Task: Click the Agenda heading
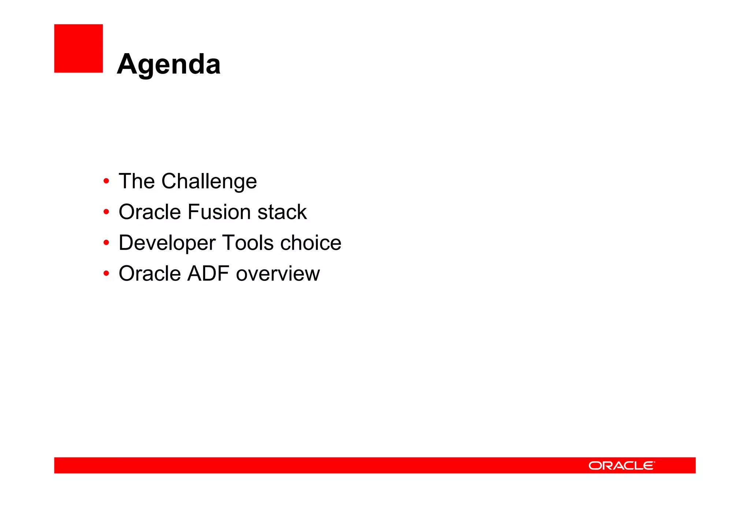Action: (168, 64)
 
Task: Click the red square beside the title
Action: (78, 48)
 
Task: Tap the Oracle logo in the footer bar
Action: (621, 466)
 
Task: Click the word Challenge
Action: (209, 181)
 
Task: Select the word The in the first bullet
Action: (137, 181)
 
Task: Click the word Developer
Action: (167, 243)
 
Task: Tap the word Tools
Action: (248, 242)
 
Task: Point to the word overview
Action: (278, 274)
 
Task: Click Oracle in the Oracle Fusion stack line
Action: (149, 212)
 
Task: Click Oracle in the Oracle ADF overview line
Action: (149, 273)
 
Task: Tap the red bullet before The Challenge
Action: (106, 181)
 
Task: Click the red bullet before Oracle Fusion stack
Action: (106, 212)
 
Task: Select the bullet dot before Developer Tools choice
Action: (106, 242)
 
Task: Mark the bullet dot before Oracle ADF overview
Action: (106, 273)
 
